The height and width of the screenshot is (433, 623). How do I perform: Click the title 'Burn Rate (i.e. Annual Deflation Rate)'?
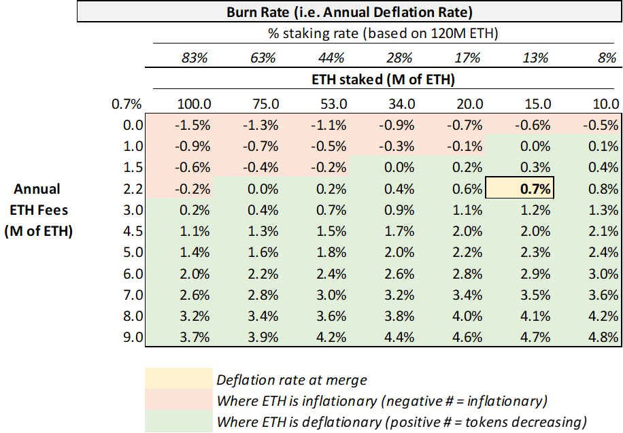pyautogui.click(x=349, y=12)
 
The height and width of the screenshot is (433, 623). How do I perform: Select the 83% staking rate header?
pyautogui.click(x=195, y=58)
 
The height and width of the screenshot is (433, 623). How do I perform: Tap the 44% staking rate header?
pyautogui.click(x=331, y=58)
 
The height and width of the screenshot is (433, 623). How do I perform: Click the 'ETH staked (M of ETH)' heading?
pyautogui.click(x=383, y=80)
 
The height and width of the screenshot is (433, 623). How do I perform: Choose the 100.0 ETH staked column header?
pyautogui.click(x=194, y=104)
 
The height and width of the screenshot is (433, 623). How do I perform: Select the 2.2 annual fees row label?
pyautogui.click(x=133, y=189)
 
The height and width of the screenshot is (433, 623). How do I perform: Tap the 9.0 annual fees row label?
pyautogui.click(x=133, y=337)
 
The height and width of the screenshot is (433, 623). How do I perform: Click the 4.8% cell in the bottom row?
pyautogui.click(x=603, y=337)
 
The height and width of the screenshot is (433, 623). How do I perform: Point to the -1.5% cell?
pyautogui.click(x=192, y=126)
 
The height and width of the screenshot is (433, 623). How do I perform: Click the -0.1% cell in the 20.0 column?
pyautogui.click(x=465, y=147)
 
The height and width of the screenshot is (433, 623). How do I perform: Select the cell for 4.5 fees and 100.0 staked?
pyautogui.click(x=195, y=231)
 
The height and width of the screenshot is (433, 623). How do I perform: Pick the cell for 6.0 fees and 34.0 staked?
pyautogui.click(x=399, y=274)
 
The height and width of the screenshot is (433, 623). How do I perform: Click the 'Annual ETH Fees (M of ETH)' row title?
pyautogui.click(x=39, y=210)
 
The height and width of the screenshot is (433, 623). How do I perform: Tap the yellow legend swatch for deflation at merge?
pyautogui.click(x=179, y=378)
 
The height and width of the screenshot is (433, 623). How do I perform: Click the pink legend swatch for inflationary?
pyautogui.click(x=179, y=399)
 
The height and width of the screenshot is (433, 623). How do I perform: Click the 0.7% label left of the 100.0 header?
pyautogui.click(x=127, y=104)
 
